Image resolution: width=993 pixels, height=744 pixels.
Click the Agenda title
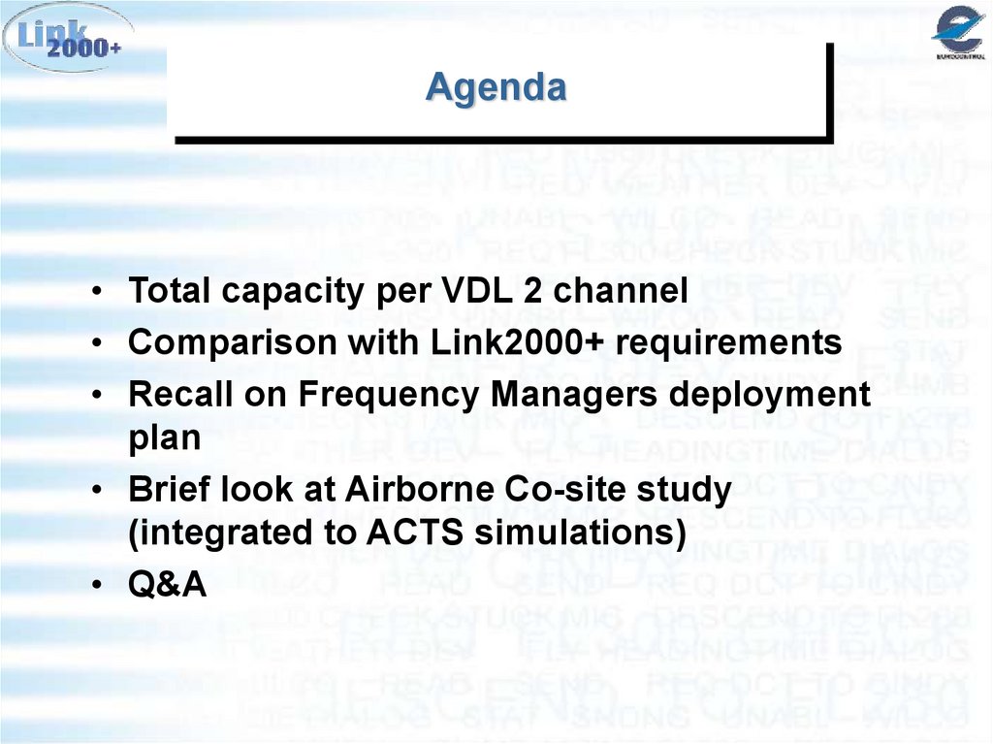coord(496,88)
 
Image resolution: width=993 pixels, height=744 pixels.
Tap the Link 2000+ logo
coord(67,39)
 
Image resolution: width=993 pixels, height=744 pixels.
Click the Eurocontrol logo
coord(958,34)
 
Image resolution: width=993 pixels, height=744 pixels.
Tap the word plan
coord(164,437)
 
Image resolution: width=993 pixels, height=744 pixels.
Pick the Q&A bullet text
coord(168,585)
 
